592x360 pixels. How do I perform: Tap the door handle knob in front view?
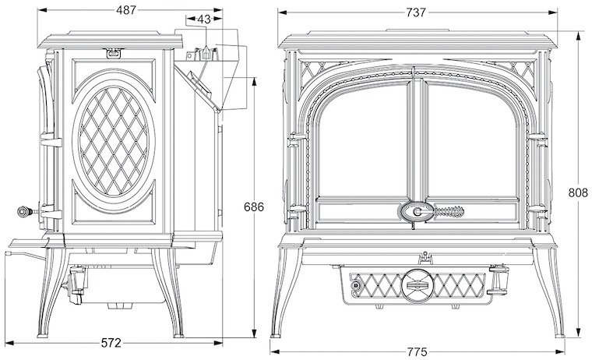pyautogui.click(x=418, y=211)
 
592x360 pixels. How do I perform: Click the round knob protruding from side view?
pyautogui.click(x=24, y=210)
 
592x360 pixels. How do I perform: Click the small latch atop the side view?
pyautogui.click(x=115, y=52)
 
